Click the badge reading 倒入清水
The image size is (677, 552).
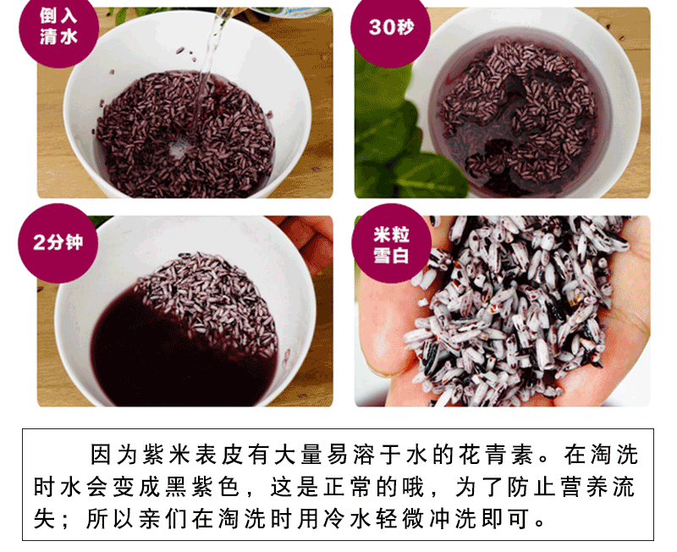tap(58, 28)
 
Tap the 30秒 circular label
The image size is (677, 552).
tap(390, 28)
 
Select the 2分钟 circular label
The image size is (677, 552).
tap(58, 243)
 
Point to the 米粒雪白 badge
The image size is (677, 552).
tap(391, 244)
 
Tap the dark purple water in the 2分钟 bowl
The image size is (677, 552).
tap(173, 354)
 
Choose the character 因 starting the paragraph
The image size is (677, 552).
tap(101, 455)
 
